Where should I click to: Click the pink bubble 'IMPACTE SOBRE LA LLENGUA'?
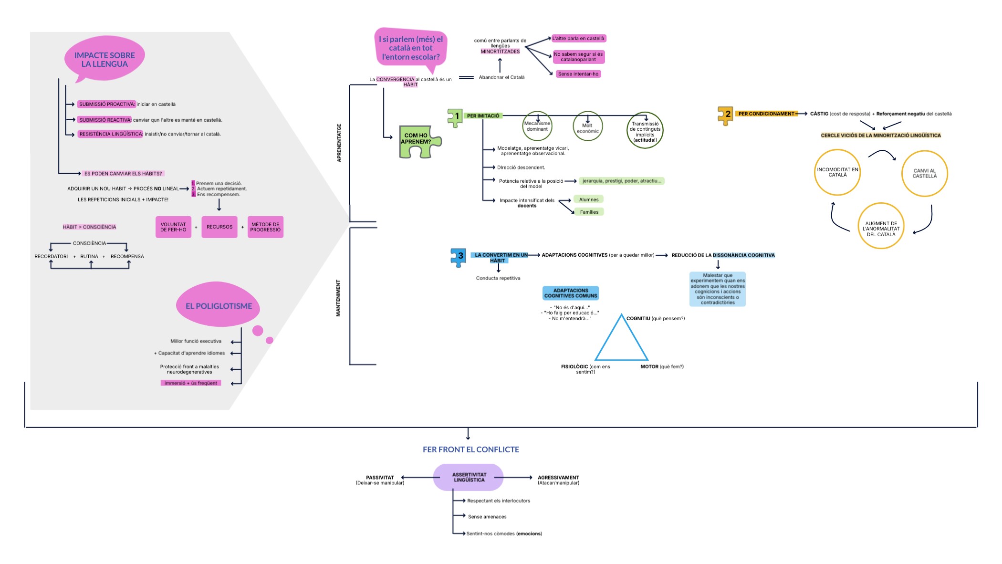(104, 60)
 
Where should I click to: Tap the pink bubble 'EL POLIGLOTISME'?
(219, 306)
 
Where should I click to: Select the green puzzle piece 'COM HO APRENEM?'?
(417, 141)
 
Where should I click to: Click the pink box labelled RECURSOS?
(219, 227)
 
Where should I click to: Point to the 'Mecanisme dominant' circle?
(537, 126)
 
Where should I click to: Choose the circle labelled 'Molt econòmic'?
(587, 127)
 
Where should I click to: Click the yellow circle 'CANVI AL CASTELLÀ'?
(924, 173)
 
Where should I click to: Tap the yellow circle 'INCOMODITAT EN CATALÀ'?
(837, 172)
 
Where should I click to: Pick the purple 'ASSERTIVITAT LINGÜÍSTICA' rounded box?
(469, 477)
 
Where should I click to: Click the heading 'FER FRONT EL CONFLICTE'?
(471, 449)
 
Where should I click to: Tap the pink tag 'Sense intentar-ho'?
(578, 74)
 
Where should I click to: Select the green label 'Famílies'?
(589, 212)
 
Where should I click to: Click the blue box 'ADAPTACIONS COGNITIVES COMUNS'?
(571, 293)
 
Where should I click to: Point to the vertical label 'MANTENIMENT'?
(338, 298)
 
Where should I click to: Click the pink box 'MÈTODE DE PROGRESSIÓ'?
(265, 227)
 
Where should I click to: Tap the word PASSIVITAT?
(380, 477)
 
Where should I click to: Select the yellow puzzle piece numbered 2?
(725, 115)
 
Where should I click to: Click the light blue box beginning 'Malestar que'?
(717, 289)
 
